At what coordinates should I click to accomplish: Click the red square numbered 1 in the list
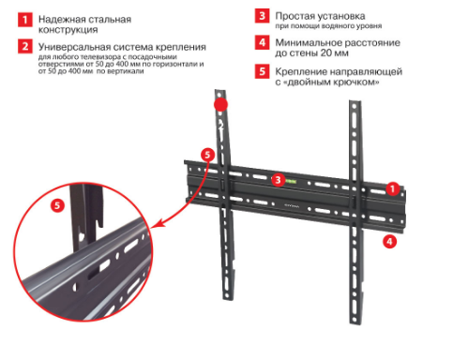pyautogui.click(x=25, y=20)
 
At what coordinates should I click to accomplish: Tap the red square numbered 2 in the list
pyautogui.click(x=25, y=46)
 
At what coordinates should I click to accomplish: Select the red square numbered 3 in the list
pyautogui.click(x=262, y=15)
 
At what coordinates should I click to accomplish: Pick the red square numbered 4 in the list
pyautogui.click(x=262, y=42)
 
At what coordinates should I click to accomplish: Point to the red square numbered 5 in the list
pyautogui.click(x=262, y=71)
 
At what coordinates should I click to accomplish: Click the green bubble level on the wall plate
pyautogui.click(x=291, y=181)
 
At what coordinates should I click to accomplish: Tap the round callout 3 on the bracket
pyautogui.click(x=278, y=180)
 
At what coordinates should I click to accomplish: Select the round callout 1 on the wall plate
pyautogui.click(x=393, y=188)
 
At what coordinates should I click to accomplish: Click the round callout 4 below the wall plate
pyautogui.click(x=389, y=242)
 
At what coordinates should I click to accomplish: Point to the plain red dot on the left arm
pyautogui.click(x=220, y=105)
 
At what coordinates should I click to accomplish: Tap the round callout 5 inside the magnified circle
pyautogui.click(x=57, y=205)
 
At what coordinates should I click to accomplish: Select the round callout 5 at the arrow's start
pyautogui.click(x=208, y=155)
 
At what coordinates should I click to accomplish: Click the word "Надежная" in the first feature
pyautogui.click(x=61, y=20)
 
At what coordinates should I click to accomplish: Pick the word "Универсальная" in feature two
pyautogui.click(x=74, y=47)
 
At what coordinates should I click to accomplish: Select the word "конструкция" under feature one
pyautogui.click(x=68, y=30)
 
